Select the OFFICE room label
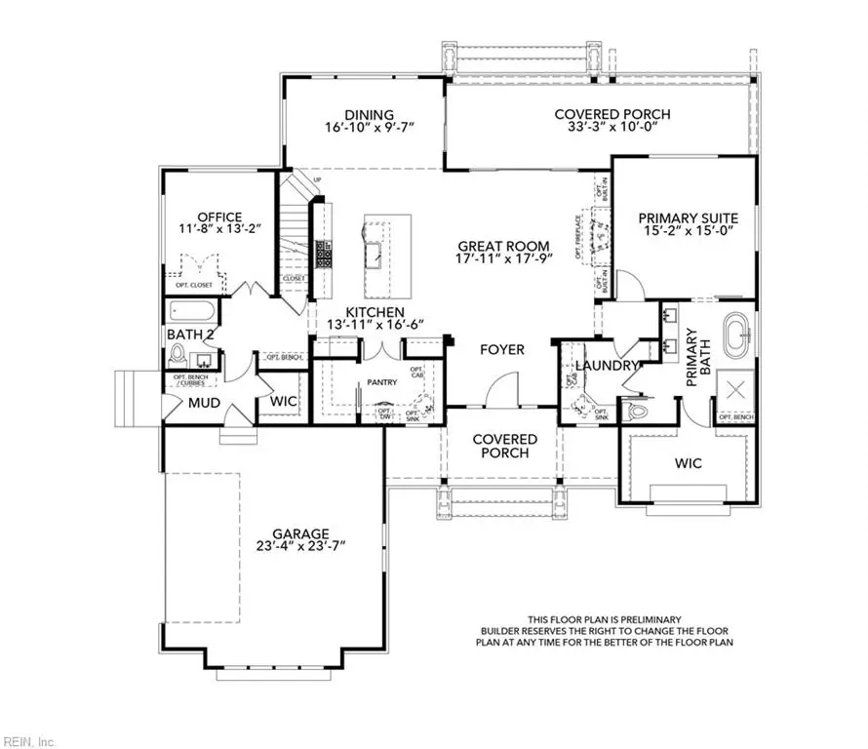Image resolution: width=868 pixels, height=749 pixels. [218, 217]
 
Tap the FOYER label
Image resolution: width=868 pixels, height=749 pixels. [502, 349]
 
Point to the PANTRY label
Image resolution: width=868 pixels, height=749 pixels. [381, 382]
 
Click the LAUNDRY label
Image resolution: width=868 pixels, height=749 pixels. [606, 366]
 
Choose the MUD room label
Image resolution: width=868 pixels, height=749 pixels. [203, 402]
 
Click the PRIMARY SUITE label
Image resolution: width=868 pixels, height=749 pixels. [688, 218]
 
